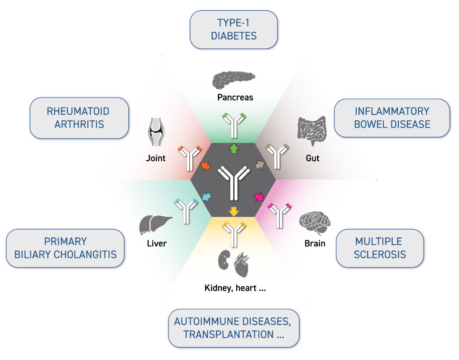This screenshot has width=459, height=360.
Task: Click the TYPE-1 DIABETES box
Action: tap(234, 30)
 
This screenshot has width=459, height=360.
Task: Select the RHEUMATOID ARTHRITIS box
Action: tap(79, 118)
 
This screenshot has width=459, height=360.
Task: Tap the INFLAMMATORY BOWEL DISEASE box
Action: tap(392, 118)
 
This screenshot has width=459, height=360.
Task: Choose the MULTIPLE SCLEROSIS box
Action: tap(380, 248)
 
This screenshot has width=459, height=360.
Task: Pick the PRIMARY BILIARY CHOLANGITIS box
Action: tap(65, 248)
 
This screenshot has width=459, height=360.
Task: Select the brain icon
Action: tap(315, 222)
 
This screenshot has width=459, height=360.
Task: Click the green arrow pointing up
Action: tap(234, 149)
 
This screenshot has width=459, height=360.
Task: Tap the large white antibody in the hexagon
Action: tap(234, 181)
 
